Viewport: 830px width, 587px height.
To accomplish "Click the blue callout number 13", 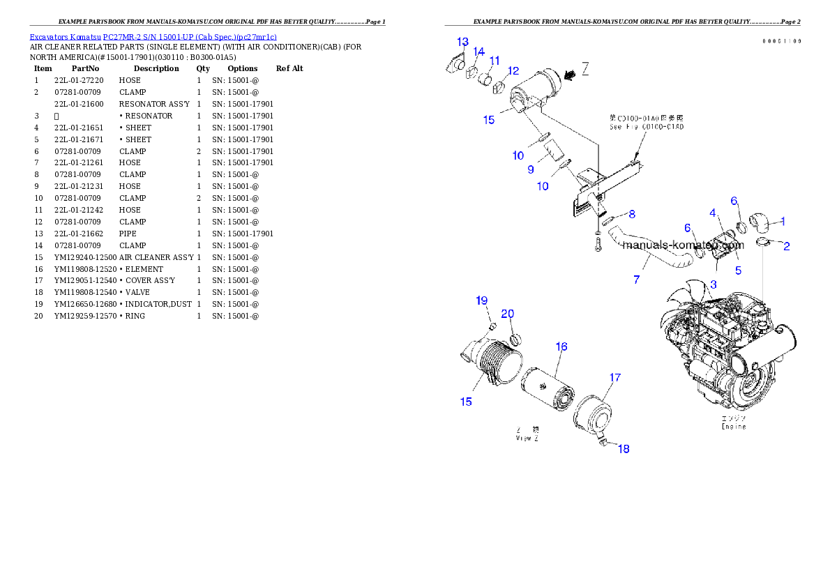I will [463, 41].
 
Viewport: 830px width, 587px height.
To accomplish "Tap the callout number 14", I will [478, 52].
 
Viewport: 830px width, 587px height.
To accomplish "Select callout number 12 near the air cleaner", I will [513, 70].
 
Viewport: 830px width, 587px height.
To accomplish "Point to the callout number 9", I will [531, 169].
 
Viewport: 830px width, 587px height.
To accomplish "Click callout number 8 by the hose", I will [632, 213].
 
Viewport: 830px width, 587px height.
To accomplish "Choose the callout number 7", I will [636, 280].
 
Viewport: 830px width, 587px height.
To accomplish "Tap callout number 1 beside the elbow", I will [783, 222].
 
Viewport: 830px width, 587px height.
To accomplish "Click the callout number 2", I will [786, 246].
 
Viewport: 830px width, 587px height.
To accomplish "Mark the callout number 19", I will [482, 300].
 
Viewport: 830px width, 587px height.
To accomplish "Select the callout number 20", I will [508, 313].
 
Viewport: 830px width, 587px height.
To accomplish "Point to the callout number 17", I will [614, 378].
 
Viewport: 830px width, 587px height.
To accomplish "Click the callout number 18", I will [624, 449].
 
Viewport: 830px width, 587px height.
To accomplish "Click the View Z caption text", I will [527, 439].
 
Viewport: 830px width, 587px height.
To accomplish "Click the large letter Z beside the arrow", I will [586, 68].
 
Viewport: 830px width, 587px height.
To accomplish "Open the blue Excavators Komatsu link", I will [153, 37].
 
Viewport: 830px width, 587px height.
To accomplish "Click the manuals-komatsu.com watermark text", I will [684, 245].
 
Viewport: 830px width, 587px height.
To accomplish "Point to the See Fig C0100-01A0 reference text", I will [647, 128].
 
